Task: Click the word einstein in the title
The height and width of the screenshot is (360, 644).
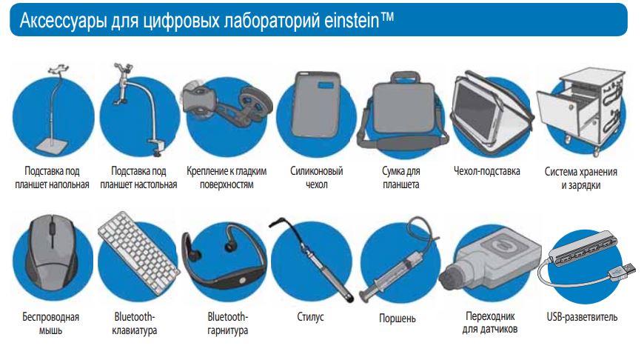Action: [x=352, y=21]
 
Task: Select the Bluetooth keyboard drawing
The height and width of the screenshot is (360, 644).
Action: [x=139, y=253]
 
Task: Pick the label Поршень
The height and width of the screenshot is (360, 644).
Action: [x=398, y=318]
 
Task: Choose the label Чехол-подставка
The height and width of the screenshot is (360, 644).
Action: [x=486, y=170]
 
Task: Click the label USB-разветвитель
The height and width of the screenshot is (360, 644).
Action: [x=582, y=317]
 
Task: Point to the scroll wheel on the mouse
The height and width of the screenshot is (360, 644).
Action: [x=53, y=227]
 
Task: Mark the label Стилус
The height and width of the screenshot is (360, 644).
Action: [x=310, y=317]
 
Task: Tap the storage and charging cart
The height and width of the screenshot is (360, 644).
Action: [x=582, y=110]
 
